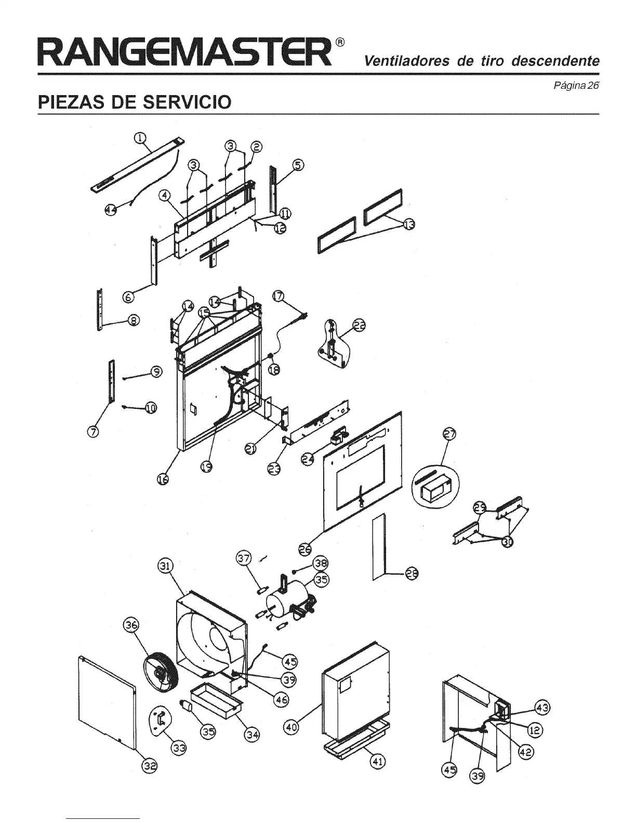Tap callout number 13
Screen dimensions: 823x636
[x=410, y=224]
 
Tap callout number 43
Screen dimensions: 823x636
[x=543, y=708]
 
